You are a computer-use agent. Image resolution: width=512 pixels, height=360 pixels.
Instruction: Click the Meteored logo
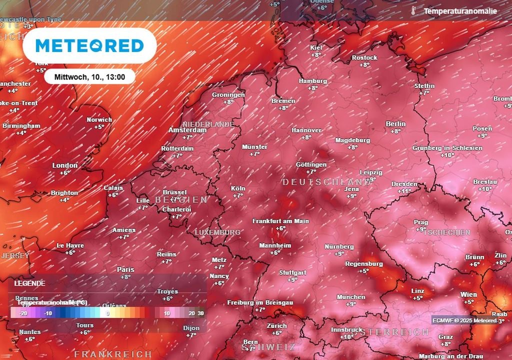pos(89,45)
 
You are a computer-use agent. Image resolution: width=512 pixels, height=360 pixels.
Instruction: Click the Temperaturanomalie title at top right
pos(460,10)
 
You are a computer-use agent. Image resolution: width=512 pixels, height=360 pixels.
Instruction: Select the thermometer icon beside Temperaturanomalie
pos(413,10)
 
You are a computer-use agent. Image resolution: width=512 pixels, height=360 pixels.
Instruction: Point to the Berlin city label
pos(395,124)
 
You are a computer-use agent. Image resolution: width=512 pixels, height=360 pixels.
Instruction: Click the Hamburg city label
pos(312,81)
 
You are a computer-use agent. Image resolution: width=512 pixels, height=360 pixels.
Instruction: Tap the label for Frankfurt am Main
pos(280,221)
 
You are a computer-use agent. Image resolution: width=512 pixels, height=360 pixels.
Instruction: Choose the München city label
pos(350,297)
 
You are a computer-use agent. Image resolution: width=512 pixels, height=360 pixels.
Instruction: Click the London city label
pos(65,165)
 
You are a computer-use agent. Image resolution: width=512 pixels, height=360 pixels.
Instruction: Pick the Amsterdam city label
pos(187,130)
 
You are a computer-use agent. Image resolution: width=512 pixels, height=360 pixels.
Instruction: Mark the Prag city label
pos(420,222)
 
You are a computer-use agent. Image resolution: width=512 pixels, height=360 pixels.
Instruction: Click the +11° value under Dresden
pos(404,191)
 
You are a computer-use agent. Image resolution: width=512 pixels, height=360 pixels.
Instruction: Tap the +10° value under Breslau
pos(484,189)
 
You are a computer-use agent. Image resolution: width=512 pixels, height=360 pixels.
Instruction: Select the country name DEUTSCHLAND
pos(327,182)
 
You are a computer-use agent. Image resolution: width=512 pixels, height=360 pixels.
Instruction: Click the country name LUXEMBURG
pos(217,232)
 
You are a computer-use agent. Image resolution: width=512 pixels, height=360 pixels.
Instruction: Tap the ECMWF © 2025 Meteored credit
pos(464,320)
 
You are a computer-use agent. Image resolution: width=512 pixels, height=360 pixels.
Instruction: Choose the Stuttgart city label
pos(292,272)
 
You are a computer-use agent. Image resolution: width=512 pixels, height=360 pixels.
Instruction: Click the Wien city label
pos(468,294)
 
